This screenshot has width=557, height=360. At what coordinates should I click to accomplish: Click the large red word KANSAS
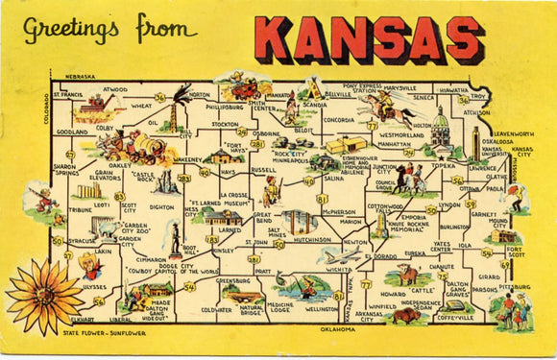click(369, 38)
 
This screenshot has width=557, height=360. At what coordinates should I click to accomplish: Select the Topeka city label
click(443, 165)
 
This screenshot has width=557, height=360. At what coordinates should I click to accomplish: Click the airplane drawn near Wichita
click(339, 256)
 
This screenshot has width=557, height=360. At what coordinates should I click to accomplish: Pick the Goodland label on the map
click(71, 132)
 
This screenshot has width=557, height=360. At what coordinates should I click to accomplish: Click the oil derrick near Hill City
click(174, 114)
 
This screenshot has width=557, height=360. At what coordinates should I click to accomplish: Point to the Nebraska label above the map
click(80, 76)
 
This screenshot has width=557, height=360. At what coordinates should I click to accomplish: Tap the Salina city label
click(333, 179)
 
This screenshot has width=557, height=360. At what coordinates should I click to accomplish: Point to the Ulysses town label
click(94, 286)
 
